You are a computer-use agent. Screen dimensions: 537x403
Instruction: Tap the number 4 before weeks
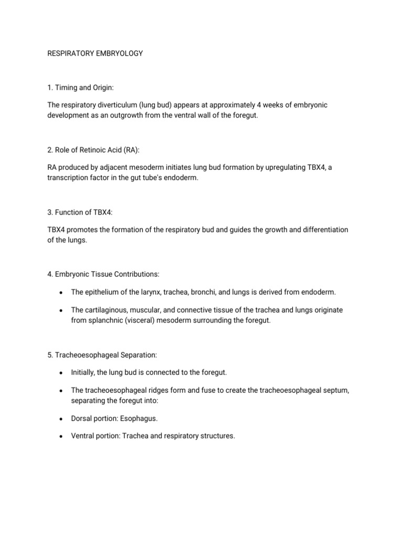coord(252,105)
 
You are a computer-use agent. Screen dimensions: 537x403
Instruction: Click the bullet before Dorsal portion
coord(62,419)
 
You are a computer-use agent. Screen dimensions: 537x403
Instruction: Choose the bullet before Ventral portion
coord(62,436)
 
